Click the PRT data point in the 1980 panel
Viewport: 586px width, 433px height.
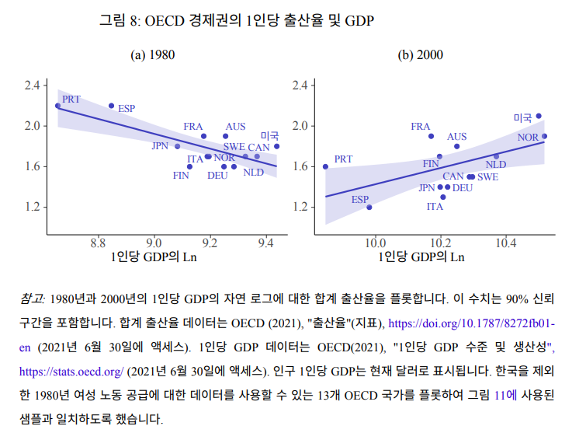pyautogui.click(x=58, y=106)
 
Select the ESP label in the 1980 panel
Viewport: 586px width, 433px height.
pyautogui.click(x=127, y=109)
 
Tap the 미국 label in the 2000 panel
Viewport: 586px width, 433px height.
pyautogui.click(x=522, y=118)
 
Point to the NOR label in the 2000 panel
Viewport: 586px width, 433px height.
pyautogui.click(x=528, y=138)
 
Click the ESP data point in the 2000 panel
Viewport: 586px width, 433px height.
pyautogui.click(x=369, y=208)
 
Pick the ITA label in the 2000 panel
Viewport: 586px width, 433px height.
pyautogui.click(x=435, y=207)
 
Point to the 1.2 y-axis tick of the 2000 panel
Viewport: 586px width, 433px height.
pyautogui.click(x=300, y=207)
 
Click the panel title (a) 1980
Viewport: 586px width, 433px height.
pyautogui.click(x=152, y=55)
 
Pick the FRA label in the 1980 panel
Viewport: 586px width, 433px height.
pyautogui.click(x=193, y=127)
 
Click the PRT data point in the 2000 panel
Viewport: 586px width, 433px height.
pyautogui.click(x=325, y=166)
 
